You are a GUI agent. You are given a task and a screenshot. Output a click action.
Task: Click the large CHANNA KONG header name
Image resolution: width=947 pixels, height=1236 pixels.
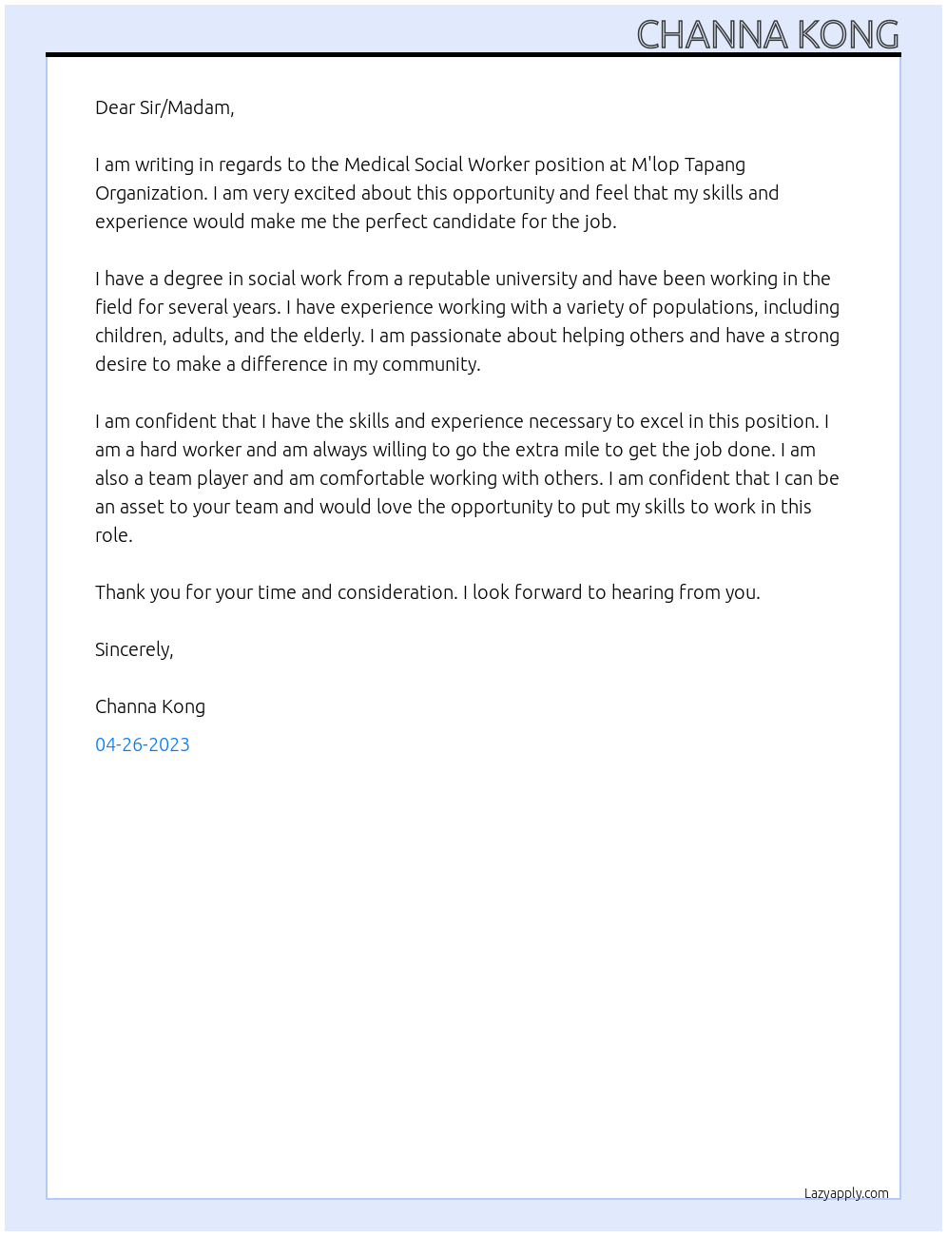tap(767, 35)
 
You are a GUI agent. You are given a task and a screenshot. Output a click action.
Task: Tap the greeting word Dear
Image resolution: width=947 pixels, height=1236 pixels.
tap(115, 107)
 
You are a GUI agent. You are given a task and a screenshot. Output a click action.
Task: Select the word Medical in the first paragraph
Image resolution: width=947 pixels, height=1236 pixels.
tap(377, 164)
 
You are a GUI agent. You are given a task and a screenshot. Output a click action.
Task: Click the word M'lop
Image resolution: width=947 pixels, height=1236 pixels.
tap(655, 164)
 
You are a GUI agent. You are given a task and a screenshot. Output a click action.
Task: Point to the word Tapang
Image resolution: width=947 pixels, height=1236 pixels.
tap(715, 165)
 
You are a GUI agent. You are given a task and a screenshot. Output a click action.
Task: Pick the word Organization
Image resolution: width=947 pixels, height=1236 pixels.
tap(150, 193)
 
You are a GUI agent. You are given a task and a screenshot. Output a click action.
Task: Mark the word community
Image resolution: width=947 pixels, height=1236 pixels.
tap(431, 364)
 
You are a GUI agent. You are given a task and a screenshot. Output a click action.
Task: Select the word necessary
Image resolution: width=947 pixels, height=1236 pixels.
tap(569, 421)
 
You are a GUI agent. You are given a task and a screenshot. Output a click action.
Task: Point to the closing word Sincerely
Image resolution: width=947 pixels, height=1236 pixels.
tap(134, 649)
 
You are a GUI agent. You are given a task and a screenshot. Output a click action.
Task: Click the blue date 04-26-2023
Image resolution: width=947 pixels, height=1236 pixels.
tap(143, 744)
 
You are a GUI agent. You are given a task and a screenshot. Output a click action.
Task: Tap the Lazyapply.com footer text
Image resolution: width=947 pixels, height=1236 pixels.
tap(846, 1193)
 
